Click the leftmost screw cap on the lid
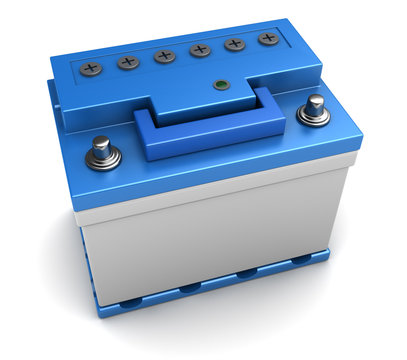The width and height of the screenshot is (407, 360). click(x=92, y=69)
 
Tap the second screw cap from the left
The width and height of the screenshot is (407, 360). click(x=128, y=62)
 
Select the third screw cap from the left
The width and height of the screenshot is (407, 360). click(x=165, y=56)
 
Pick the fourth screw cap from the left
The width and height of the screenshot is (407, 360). click(x=201, y=49)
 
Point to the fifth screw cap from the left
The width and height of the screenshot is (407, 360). click(x=236, y=44)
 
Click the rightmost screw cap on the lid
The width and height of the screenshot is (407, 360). click(x=268, y=39)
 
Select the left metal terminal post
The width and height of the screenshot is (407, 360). click(x=101, y=146)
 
